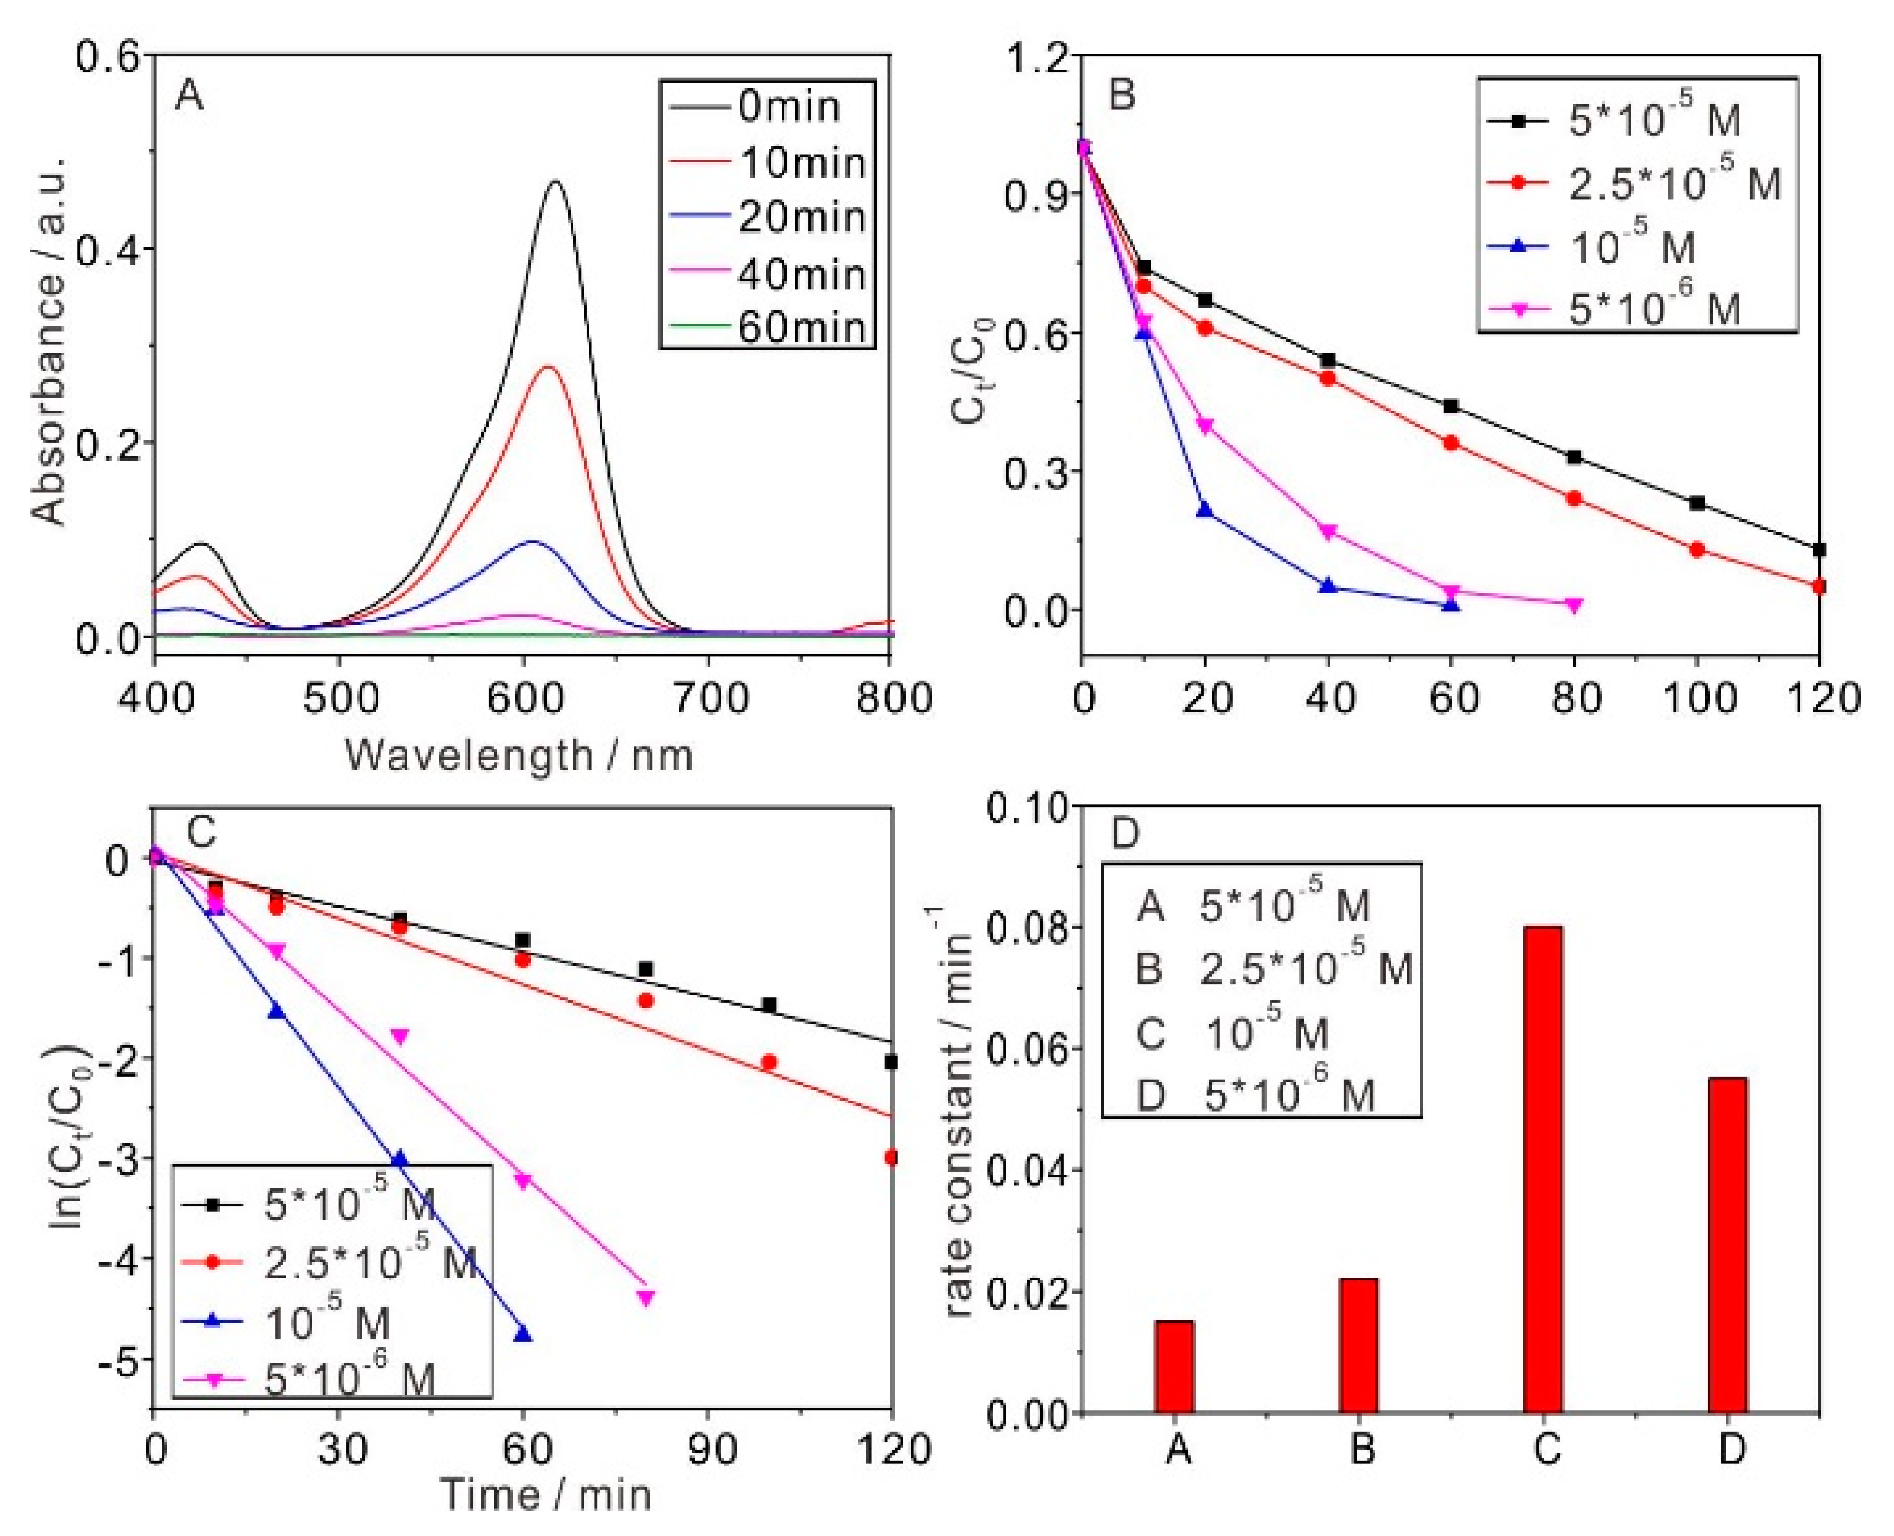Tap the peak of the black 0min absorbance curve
[555, 182]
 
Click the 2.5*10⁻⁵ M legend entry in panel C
[372, 1262]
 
